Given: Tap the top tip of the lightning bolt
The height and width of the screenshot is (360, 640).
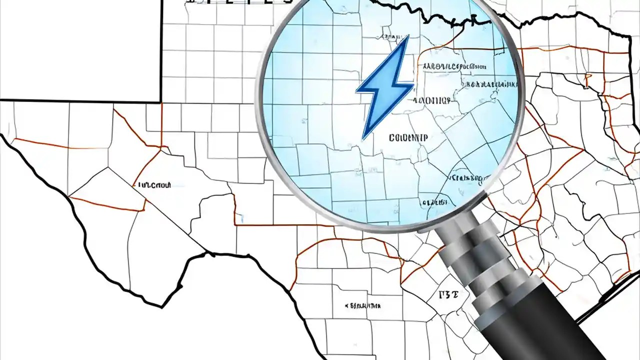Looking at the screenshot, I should pyautogui.click(x=408, y=36).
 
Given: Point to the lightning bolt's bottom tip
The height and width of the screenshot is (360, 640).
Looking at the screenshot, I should pyautogui.click(x=363, y=138).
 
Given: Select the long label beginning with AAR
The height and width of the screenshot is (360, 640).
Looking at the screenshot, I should pyautogui.click(x=454, y=66).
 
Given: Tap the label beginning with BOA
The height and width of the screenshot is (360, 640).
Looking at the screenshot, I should pyautogui.click(x=489, y=84).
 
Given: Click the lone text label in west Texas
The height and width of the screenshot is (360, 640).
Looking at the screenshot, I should pyautogui.click(x=154, y=185).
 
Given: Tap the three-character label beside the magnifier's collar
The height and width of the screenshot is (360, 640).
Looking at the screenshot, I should pyautogui.click(x=447, y=295).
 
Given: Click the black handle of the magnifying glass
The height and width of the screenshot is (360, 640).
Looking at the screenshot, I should pyautogui.click(x=545, y=325).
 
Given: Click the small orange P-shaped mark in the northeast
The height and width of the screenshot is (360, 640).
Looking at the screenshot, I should pyautogui.click(x=588, y=77).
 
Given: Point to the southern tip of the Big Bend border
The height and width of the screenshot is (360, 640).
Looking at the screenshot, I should pyautogui.click(x=161, y=306).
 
